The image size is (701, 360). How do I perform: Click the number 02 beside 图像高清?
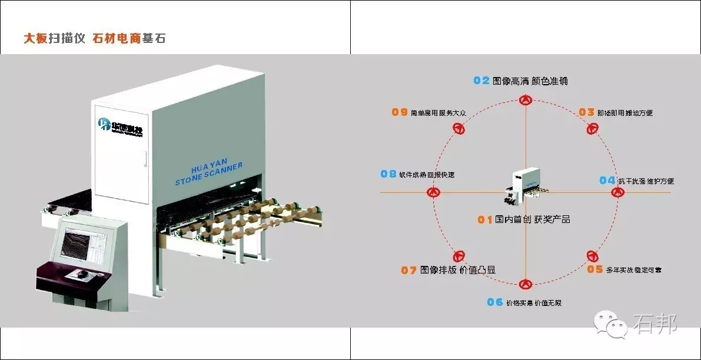point(481,81)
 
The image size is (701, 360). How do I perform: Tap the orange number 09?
point(400,112)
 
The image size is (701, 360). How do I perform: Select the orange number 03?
point(586,112)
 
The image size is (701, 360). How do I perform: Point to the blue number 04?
point(607,180)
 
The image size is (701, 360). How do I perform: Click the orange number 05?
point(595,269)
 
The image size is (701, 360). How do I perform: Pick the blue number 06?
point(495,302)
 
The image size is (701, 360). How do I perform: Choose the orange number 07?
point(409,271)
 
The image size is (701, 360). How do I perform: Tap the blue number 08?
point(388,174)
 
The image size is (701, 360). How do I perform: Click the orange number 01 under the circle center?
point(484,219)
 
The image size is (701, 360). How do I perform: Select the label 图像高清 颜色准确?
point(530,81)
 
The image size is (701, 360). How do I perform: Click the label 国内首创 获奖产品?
point(532,219)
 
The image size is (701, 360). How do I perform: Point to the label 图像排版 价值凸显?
point(458,271)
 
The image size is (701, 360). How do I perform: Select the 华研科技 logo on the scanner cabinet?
point(121,125)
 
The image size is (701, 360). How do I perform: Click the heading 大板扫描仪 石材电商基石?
point(94,39)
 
